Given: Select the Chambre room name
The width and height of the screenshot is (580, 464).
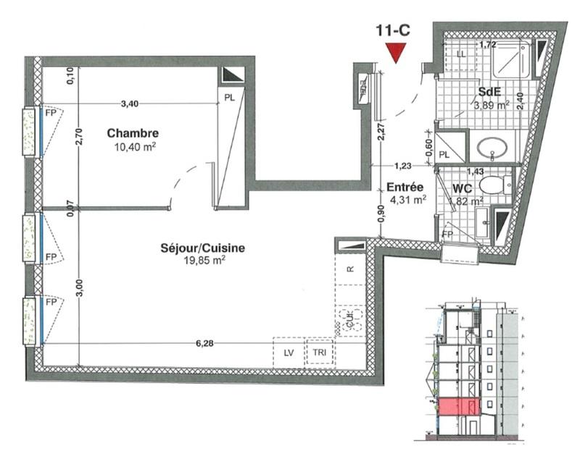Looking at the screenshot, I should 133,133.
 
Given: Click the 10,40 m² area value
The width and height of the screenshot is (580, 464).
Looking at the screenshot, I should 133,146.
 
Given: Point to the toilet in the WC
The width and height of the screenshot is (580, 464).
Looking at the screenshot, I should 493,185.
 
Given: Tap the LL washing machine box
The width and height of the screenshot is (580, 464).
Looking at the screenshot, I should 460,54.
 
